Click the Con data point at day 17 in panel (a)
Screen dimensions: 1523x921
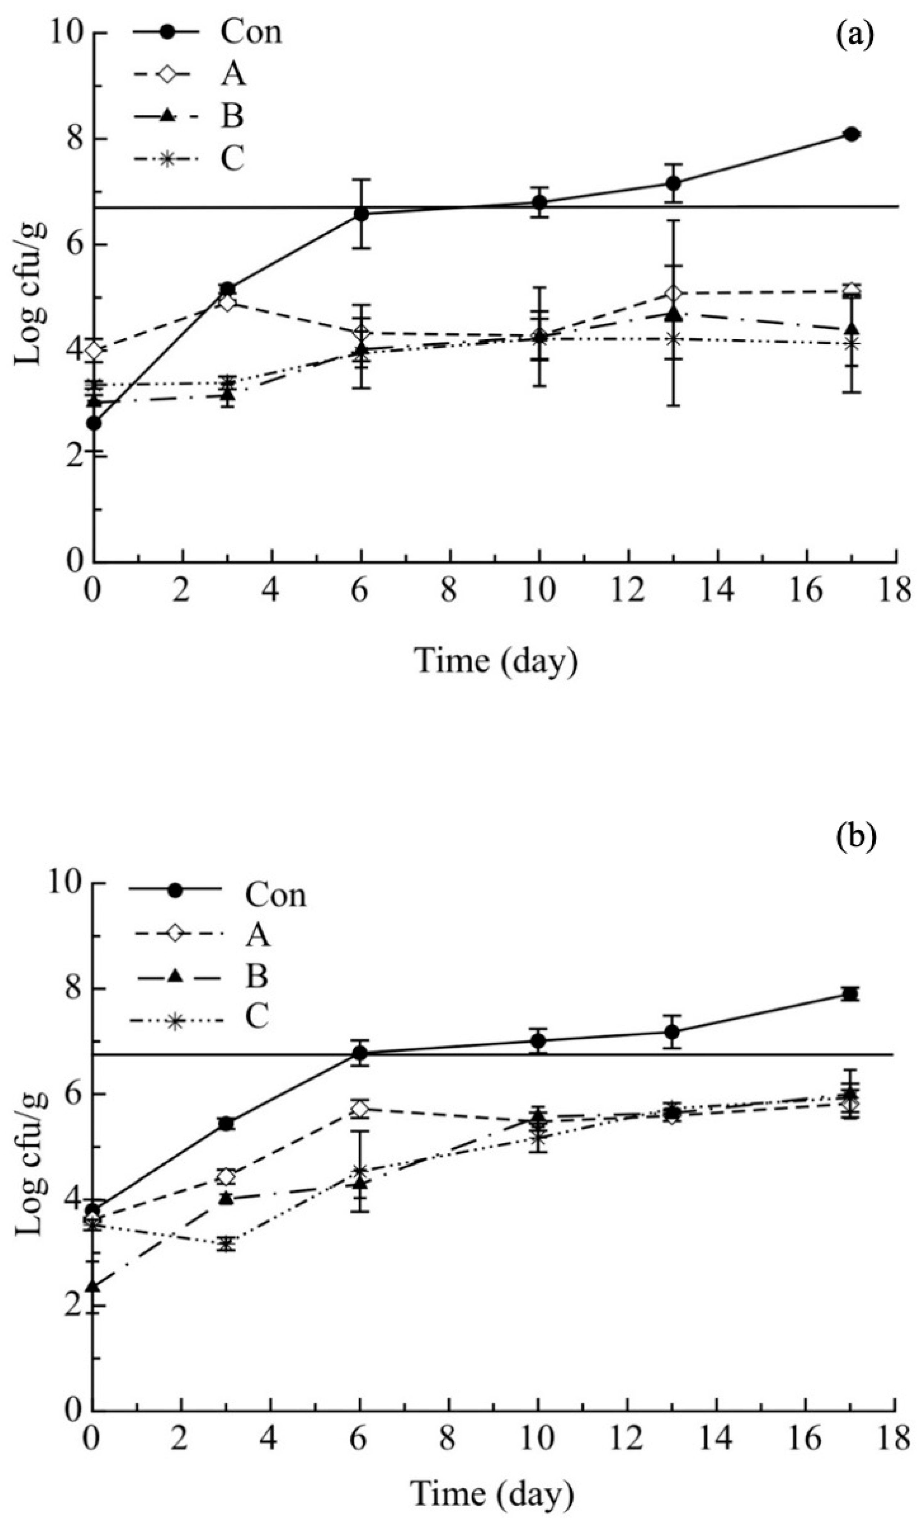852,134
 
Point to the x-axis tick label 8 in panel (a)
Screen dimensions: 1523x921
450,591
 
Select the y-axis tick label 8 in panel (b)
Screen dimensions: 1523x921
74,989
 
